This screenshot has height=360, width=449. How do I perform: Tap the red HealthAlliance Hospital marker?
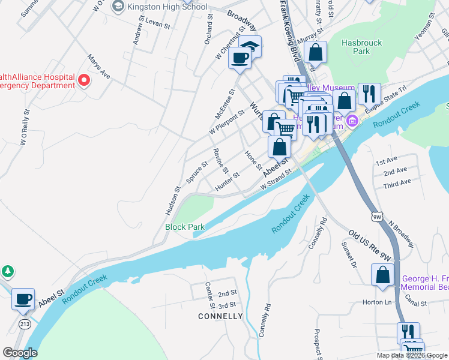point(84,80)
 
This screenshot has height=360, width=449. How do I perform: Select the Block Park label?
point(185,227)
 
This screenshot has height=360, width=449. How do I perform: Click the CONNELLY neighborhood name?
point(220,316)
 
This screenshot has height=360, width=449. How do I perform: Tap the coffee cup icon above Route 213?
point(23,299)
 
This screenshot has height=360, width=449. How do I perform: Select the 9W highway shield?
point(376,216)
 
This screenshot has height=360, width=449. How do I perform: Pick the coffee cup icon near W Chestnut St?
point(240,58)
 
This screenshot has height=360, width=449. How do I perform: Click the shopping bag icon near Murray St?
point(315,52)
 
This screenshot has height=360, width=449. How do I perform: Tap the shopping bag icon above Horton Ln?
point(382,275)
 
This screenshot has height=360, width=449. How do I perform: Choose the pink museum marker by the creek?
point(352,122)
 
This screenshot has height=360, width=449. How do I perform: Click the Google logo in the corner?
point(20,352)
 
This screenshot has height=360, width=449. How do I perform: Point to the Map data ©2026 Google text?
point(411,355)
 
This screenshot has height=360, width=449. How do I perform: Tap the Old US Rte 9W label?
point(370,246)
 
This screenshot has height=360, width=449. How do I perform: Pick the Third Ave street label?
point(397,182)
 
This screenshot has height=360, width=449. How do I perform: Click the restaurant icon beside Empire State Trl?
point(369,94)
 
